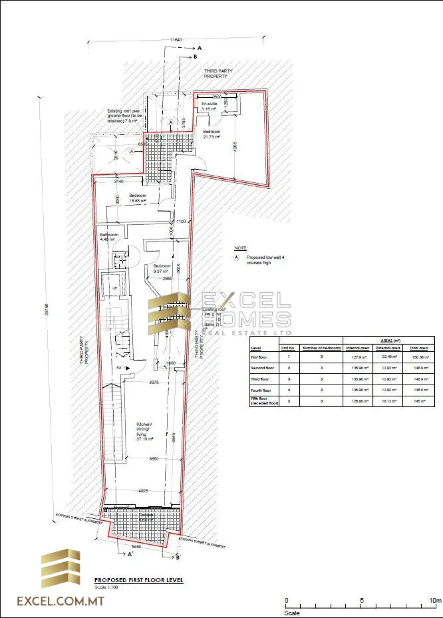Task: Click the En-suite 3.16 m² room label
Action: point(209,106)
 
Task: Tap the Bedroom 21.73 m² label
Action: point(212,134)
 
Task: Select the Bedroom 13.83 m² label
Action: point(138,198)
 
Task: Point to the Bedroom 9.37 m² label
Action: point(161,269)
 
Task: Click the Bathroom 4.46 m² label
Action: point(109,237)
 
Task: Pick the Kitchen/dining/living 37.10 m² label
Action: point(144,431)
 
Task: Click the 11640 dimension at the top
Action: point(176,40)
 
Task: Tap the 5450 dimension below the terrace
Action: point(136,547)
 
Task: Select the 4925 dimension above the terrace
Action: point(143,491)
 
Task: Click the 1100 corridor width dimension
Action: point(181,221)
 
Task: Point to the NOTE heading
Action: point(241,248)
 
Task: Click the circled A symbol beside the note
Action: point(236,257)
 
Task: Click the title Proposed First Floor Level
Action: point(138,580)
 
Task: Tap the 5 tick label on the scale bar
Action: point(362,600)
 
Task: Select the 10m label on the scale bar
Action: point(435,600)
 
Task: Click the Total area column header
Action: point(418,348)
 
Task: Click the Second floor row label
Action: point(263,368)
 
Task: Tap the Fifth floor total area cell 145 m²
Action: point(419,401)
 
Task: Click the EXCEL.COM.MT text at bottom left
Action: point(61,601)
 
